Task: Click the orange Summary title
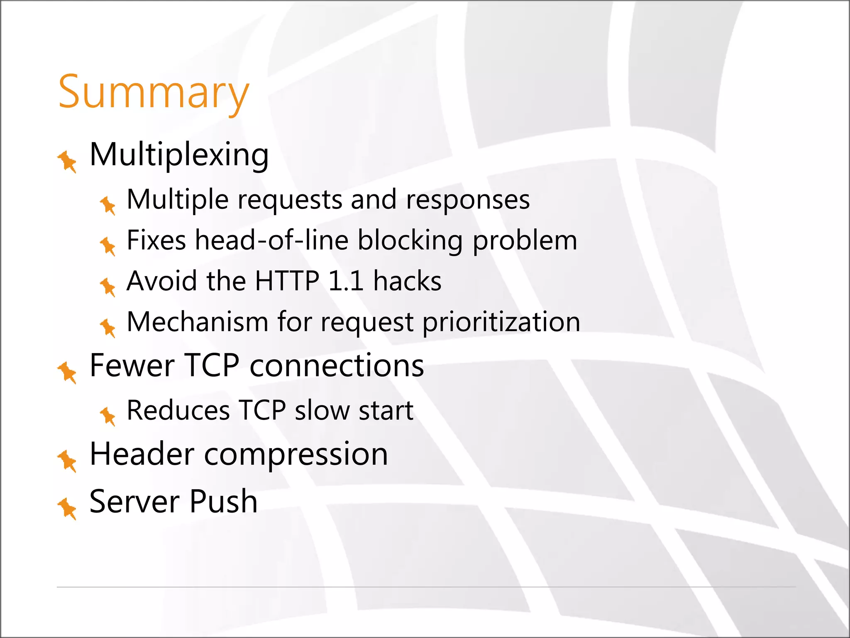tap(154, 92)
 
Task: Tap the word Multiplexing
tap(179, 155)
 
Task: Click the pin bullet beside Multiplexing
tap(67, 161)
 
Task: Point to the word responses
tap(468, 200)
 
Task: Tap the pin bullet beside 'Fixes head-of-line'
tap(108, 246)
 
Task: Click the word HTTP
tap(287, 281)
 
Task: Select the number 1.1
tap(346, 281)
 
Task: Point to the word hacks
tap(407, 281)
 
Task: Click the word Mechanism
tap(198, 322)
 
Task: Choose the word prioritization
tap(501, 323)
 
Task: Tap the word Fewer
tap(132, 366)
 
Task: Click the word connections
tap(337, 366)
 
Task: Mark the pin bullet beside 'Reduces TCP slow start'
tap(108, 415)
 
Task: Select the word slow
tap(322, 410)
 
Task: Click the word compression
tap(296, 454)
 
